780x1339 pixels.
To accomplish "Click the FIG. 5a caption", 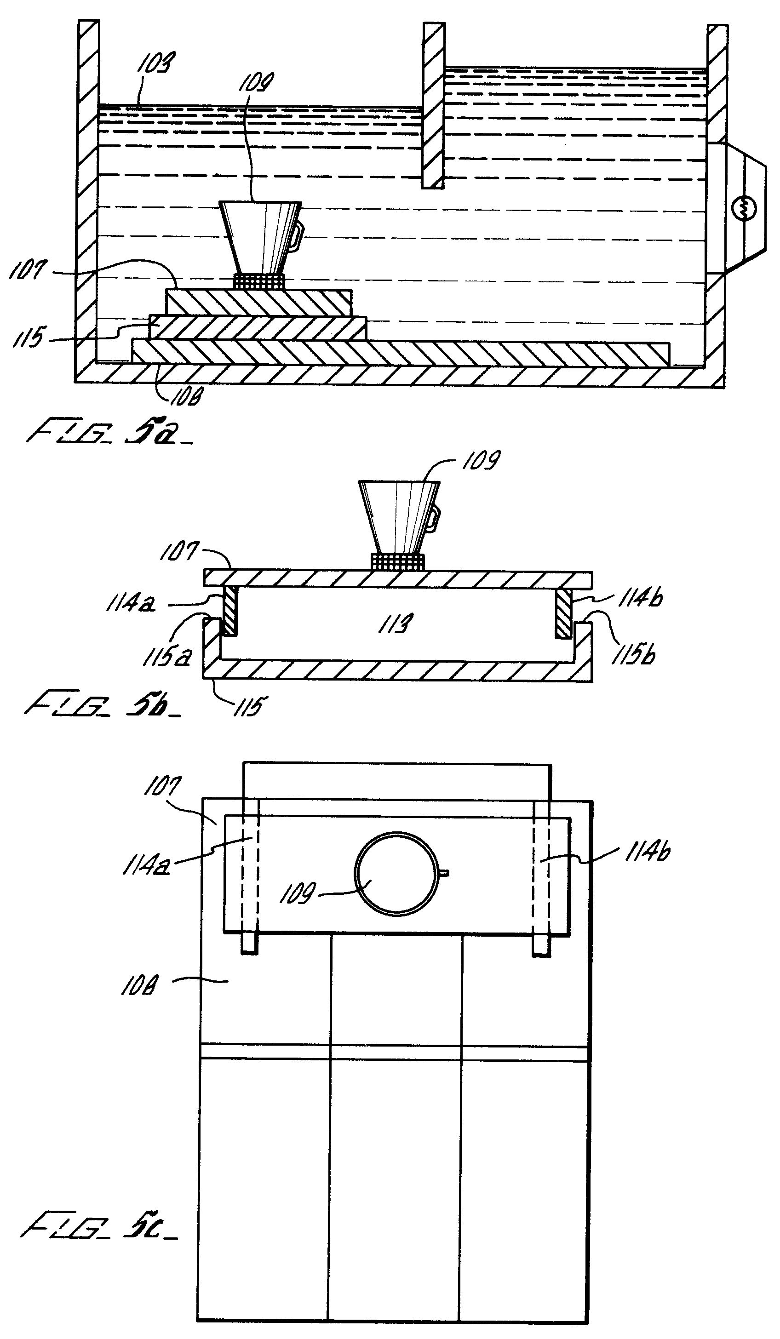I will [x=109, y=432].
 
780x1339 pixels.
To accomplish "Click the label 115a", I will [x=166, y=657].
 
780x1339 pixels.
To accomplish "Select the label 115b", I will [x=633, y=654].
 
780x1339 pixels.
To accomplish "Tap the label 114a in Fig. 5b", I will [x=131, y=604].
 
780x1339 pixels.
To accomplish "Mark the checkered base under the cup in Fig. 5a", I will [x=259, y=281].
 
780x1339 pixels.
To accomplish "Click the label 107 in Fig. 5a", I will [x=28, y=270].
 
